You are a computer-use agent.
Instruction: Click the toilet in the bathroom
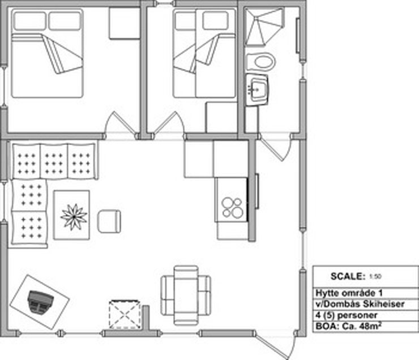(260, 62)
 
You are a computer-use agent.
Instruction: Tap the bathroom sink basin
(257, 89)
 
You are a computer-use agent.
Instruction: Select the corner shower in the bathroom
(263, 27)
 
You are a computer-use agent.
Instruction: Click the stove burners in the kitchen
(233, 208)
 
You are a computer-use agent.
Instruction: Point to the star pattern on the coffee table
(74, 217)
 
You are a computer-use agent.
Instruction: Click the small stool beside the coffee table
(109, 221)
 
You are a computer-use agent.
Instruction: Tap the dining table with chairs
(186, 295)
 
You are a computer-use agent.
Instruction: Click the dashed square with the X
(125, 315)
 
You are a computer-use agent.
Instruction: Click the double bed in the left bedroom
(47, 53)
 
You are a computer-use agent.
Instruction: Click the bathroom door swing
(276, 148)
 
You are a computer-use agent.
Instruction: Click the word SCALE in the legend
(348, 276)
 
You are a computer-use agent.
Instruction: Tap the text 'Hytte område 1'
(349, 293)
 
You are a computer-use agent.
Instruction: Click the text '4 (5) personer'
(347, 315)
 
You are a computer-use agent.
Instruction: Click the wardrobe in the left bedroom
(124, 24)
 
